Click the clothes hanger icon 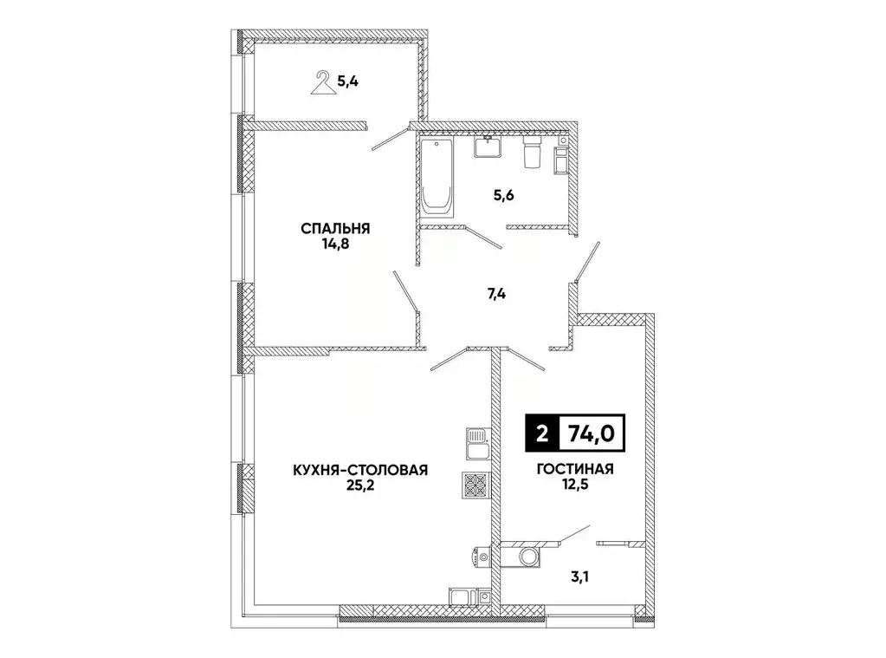pyautogui.click(x=323, y=84)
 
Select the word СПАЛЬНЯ pyautogui.click(x=336, y=229)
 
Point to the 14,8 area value pyautogui.click(x=336, y=244)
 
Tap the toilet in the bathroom pyautogui.click(x=533, y=151)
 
